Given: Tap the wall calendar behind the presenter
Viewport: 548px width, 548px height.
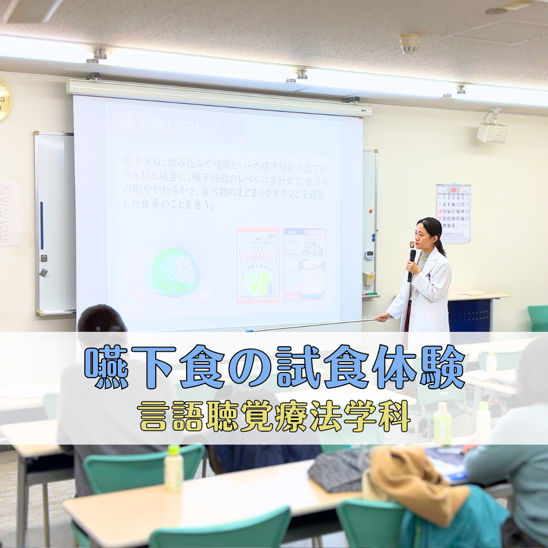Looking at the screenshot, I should coord(453,213).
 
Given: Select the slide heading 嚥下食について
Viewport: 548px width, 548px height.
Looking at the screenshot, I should coord(170,125).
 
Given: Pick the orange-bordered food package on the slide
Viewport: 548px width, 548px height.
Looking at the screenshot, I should coord(258,265).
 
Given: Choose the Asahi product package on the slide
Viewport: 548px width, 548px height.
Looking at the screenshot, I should coord(304,264).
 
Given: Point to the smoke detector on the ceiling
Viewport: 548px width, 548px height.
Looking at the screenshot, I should coord(409,44).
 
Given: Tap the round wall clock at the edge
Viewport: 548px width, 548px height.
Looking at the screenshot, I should coord(4,100).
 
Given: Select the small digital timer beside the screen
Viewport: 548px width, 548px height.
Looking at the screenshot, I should coord(369,255).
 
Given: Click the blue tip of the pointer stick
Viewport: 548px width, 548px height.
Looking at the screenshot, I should coord(249,330).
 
